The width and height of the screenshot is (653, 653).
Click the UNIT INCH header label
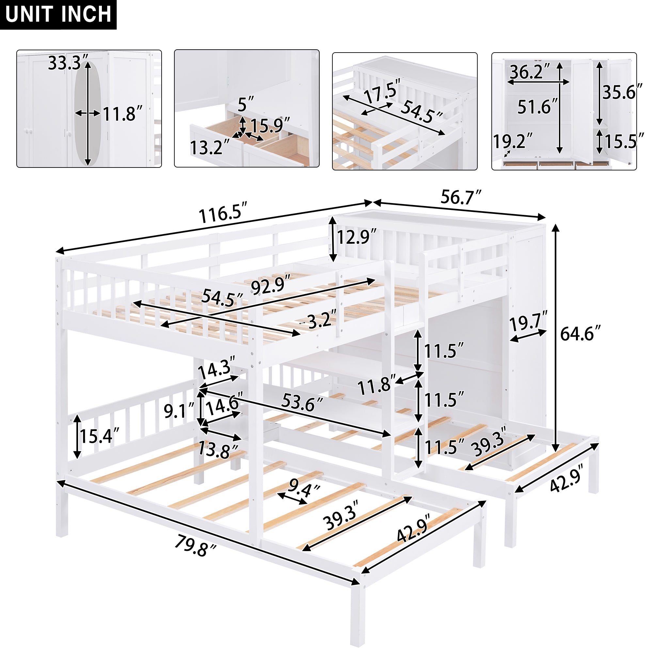pyautogui.click(x=58, y=14)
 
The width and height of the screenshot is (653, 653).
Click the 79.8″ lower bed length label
pyautogui.click(x=195, y=547)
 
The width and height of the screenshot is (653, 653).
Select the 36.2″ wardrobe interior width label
pyautogui.click(x=530, y=72)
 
